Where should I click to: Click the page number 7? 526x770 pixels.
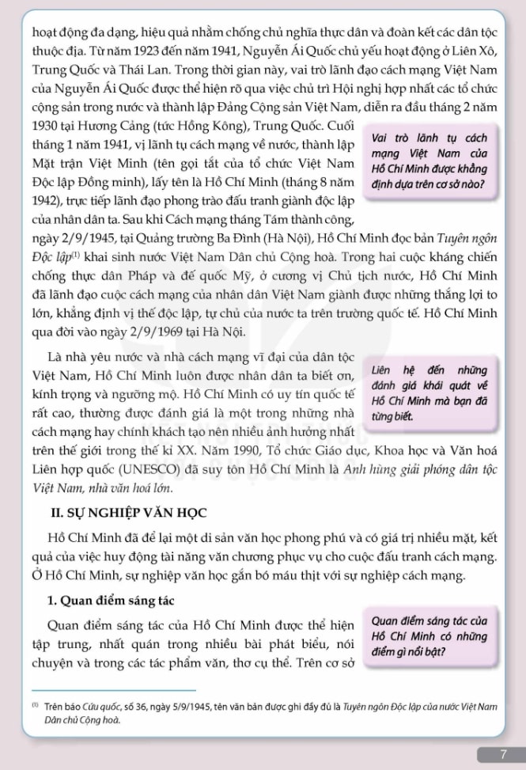(x=503, y=754)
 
